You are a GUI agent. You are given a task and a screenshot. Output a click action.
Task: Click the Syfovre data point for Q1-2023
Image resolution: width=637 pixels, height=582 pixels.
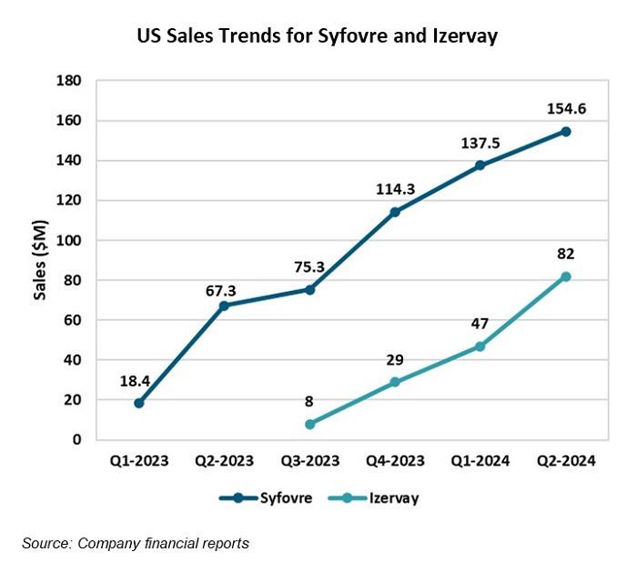(139, 403)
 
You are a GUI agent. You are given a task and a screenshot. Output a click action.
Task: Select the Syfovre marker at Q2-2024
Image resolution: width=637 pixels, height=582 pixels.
(565, 131)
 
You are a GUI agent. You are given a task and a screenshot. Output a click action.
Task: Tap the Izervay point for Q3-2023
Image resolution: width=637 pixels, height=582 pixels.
(309, 424)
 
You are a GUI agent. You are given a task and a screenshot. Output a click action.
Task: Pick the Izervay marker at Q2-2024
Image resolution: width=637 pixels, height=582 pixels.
(565, 276)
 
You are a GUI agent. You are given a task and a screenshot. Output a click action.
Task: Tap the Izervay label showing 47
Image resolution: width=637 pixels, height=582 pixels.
(480, 324)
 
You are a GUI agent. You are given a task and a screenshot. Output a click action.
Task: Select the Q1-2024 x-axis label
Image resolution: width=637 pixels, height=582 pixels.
(480, 461)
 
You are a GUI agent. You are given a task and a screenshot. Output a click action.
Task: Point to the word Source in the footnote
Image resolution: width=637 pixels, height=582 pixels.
(47, 544)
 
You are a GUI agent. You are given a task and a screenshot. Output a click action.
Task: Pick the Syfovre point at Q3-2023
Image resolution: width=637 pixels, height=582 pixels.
(309, 289)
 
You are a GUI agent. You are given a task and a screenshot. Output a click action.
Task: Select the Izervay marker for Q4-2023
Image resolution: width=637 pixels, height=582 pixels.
(395, 382)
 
